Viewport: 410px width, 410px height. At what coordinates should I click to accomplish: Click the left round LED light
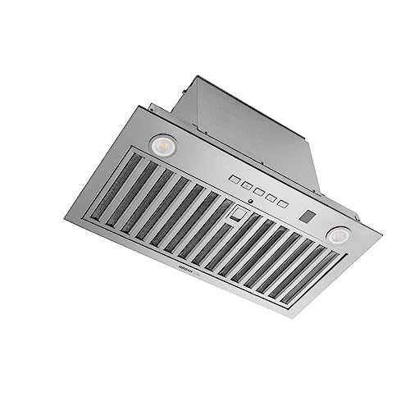click(x=160, y=144)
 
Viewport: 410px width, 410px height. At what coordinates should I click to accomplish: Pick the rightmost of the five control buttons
click(x=283, y=204)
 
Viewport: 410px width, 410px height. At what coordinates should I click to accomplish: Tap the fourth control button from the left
click(x=270, y=200)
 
